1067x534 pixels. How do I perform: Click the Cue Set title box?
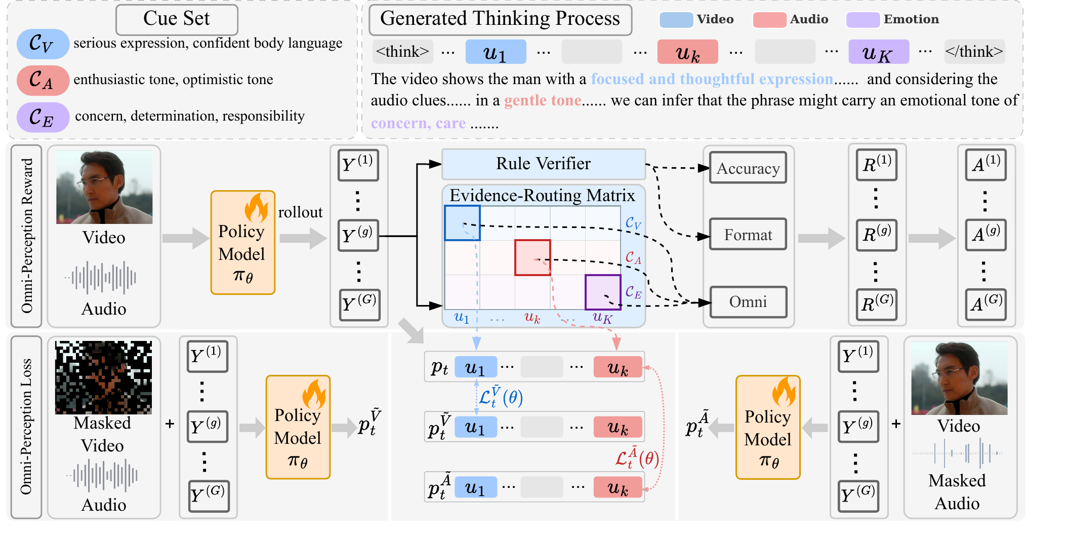177,19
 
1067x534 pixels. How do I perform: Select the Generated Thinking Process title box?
500,19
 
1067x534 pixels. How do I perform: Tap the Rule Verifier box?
544,164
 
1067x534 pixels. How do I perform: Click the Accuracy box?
748,168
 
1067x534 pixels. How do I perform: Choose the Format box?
748,234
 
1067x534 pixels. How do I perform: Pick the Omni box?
748,301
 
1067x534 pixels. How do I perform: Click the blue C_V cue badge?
43,44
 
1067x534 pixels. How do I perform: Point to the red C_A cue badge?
43,80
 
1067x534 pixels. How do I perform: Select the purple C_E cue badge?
43,117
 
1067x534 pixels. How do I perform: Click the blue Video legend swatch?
676,20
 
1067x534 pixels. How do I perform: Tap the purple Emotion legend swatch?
863,20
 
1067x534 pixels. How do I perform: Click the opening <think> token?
403,52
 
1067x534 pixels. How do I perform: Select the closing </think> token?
974,52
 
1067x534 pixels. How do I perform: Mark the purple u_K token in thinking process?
879,52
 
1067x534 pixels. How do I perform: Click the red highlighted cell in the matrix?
532,257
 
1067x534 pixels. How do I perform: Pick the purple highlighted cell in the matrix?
603,292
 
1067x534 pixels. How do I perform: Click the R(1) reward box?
877,165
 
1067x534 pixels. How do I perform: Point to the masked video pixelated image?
103,377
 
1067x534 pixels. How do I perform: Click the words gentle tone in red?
543,100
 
